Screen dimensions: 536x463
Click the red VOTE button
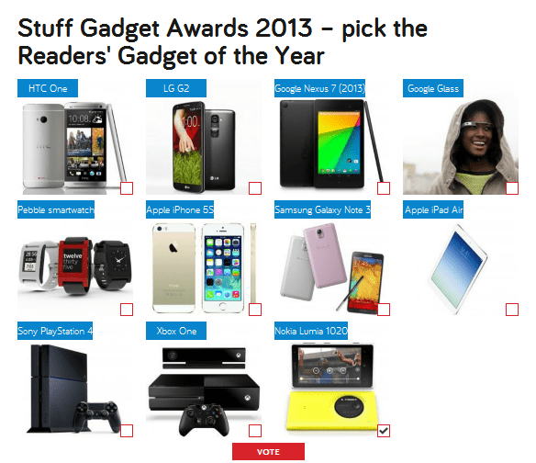point(268,452)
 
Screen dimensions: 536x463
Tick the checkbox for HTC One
point(127,188)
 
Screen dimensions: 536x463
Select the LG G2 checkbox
point(255,188)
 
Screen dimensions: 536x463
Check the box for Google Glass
point(512,188)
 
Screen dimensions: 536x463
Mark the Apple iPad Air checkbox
point(512,310)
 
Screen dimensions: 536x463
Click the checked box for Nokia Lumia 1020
point(384,431)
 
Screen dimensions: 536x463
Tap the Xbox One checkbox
point(255,431)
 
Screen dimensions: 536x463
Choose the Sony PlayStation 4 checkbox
point(127,431)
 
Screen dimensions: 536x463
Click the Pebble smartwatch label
point(56,209)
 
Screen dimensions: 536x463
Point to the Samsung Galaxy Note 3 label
point(322,209)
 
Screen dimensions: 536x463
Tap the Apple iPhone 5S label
point(180,209)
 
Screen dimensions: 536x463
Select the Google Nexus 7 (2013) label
point(319,88)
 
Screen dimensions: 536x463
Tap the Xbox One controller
point(204,420)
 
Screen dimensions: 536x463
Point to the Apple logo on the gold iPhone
point(173,247)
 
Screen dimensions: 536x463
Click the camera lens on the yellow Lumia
point(349,406)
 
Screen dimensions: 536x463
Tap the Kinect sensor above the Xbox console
point(204,357)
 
